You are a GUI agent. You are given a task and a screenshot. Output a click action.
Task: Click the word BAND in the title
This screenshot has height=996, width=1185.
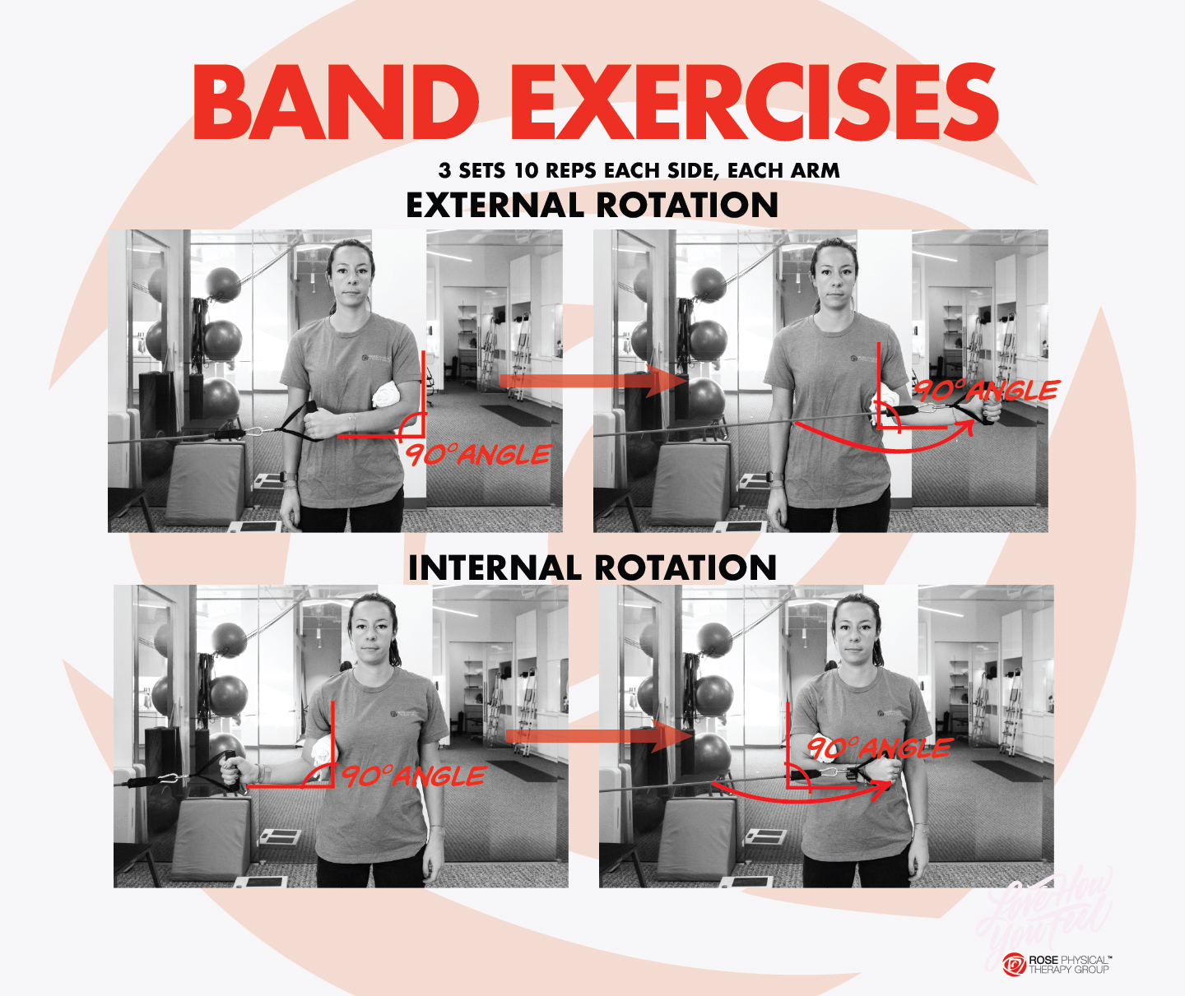coord(336,104)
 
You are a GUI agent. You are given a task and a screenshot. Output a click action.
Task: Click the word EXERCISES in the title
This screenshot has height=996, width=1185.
coord(754,104)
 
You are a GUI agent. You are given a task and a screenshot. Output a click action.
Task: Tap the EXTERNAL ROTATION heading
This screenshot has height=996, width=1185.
coord(592,206)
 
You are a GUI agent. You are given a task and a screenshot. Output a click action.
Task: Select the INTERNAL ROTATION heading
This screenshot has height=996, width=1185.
coord(592,568)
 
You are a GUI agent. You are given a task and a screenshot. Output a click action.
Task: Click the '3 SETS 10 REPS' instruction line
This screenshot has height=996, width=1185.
coord(639,170)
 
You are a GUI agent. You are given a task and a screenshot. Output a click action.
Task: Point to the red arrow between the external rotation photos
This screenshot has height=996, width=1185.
coord(592,381)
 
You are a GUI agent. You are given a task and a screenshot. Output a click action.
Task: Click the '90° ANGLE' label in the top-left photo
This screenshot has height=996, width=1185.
coord(477,455)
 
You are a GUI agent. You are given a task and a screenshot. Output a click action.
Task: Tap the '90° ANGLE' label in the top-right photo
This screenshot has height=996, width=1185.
coord(987,391)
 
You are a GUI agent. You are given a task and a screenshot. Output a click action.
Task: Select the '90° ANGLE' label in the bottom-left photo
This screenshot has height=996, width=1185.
coord(413,776)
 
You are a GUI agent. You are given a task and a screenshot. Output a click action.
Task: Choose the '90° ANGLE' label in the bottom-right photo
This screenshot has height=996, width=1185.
coord(879,748)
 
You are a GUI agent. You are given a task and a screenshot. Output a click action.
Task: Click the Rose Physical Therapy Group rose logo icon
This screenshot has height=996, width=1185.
coord(1014,964)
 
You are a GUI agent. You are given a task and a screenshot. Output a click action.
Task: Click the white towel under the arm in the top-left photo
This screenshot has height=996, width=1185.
coord(387,398)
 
